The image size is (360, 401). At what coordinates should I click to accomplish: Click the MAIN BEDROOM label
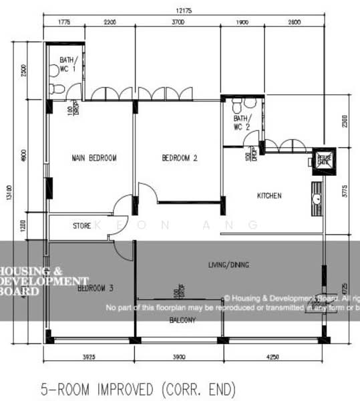[x=94, y=158]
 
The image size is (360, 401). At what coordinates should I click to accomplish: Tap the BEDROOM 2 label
[x=180, y=158]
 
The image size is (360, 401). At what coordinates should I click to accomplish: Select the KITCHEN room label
[x=270, y=196]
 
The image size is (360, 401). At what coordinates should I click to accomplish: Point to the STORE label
[x=81, y=227]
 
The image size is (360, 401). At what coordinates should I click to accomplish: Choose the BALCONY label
[x=182, y=321]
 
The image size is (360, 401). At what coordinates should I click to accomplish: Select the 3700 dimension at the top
[x=178, y=23]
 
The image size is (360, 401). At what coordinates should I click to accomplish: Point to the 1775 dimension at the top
[x=63, y=23]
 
